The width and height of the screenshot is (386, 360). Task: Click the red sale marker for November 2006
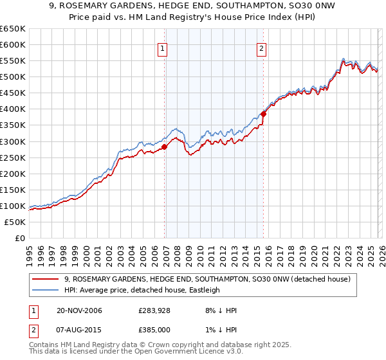tap(164, 147)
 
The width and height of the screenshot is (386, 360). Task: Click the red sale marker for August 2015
tap(263, 114)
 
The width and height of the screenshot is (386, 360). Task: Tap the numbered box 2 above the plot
tap(262, 48)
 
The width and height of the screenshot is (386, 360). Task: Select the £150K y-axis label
tap(13, 190)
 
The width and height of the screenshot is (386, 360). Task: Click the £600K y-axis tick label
tap(13, 45)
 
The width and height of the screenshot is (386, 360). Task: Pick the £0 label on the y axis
tap(20, 238)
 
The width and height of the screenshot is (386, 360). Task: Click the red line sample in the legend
tap(45, 279)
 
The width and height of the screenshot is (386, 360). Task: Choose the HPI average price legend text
tap(142, 290)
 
